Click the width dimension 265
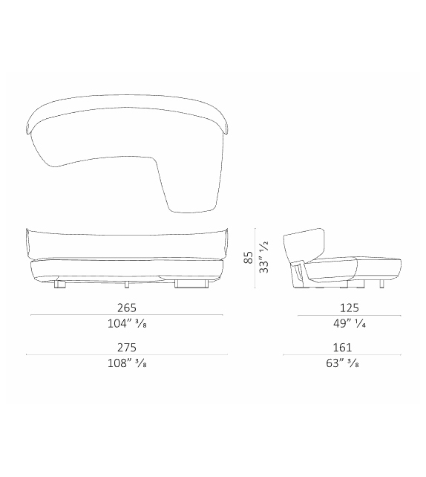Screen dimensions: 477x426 click(x=126, y=307)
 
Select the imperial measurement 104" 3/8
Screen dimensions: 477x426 click(x=126, y=324)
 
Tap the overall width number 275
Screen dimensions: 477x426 click(x=126, y=347)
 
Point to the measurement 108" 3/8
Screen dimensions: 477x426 click(x=126, y=364)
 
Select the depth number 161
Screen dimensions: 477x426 click(x=343, y=347)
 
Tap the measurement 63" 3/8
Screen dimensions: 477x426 click(x=343, y=364)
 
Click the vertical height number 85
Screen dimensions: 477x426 click(x=249, y=257)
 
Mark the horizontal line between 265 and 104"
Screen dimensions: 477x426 click(x=126, y=315)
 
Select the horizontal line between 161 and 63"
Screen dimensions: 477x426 click(x=343, y=355)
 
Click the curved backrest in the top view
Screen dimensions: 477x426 click(x=126, y=104)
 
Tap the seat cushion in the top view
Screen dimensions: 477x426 click(x=171, y=163)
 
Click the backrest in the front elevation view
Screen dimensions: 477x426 click(x=126, y=241)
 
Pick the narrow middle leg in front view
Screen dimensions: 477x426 click(x=127, y=283)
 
